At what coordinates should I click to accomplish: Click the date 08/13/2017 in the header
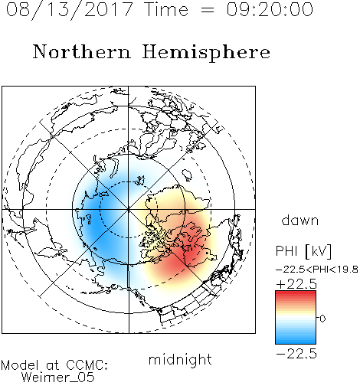69,9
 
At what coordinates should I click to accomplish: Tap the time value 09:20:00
270,9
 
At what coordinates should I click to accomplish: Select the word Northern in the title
82,51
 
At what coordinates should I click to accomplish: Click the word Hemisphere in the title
206,52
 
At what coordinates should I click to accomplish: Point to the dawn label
300,220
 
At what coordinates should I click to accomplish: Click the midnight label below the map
180,359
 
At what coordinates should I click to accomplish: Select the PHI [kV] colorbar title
303,251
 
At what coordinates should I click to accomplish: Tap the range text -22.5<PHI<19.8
317,270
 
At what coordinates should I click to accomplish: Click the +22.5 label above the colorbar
296,284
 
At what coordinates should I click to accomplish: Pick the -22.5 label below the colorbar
296,354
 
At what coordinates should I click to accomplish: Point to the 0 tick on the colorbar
322,319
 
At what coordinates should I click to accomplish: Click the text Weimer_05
58,378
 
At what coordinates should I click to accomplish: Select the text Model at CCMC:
54,365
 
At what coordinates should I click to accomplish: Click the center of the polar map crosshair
129,209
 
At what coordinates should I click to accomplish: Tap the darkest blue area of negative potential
93,224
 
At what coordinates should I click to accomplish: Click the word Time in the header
166,9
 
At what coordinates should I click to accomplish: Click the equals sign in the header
208,10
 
